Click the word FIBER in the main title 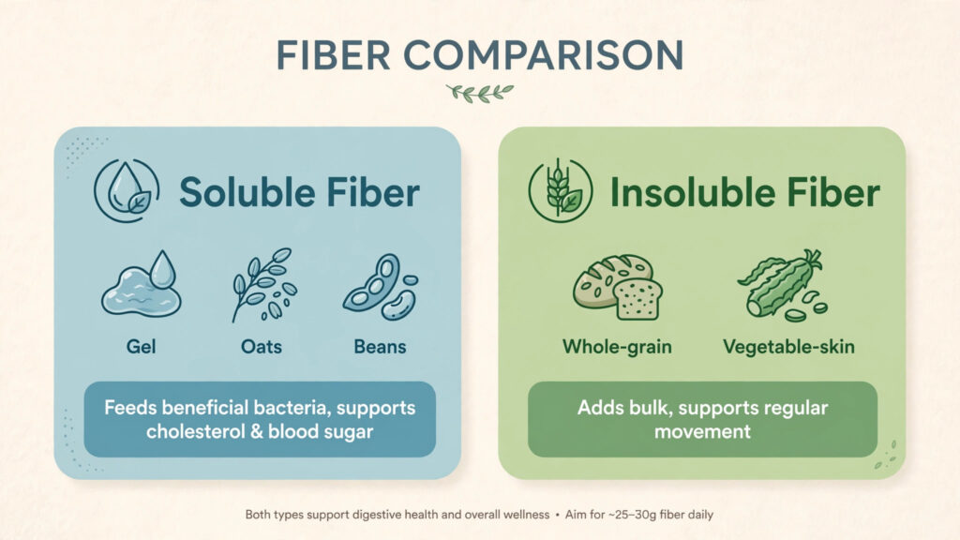coord(333,55)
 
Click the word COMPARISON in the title coord(543,55)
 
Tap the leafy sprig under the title coord(480,93)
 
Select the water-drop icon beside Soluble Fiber coord(127,190)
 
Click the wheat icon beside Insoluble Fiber coord(561,190)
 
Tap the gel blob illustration coord(142,284)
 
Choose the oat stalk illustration coord(263,284)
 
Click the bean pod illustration coord(381,287)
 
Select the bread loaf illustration coord(618,287)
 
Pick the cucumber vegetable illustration coord(784,285)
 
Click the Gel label coord(141,347)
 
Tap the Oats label coord(262,347)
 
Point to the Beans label coord(381,347)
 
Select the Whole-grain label coord(617,347)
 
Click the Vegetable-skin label coord(788,347)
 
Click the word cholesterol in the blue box coord(195,431)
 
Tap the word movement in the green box coord(702,431)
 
